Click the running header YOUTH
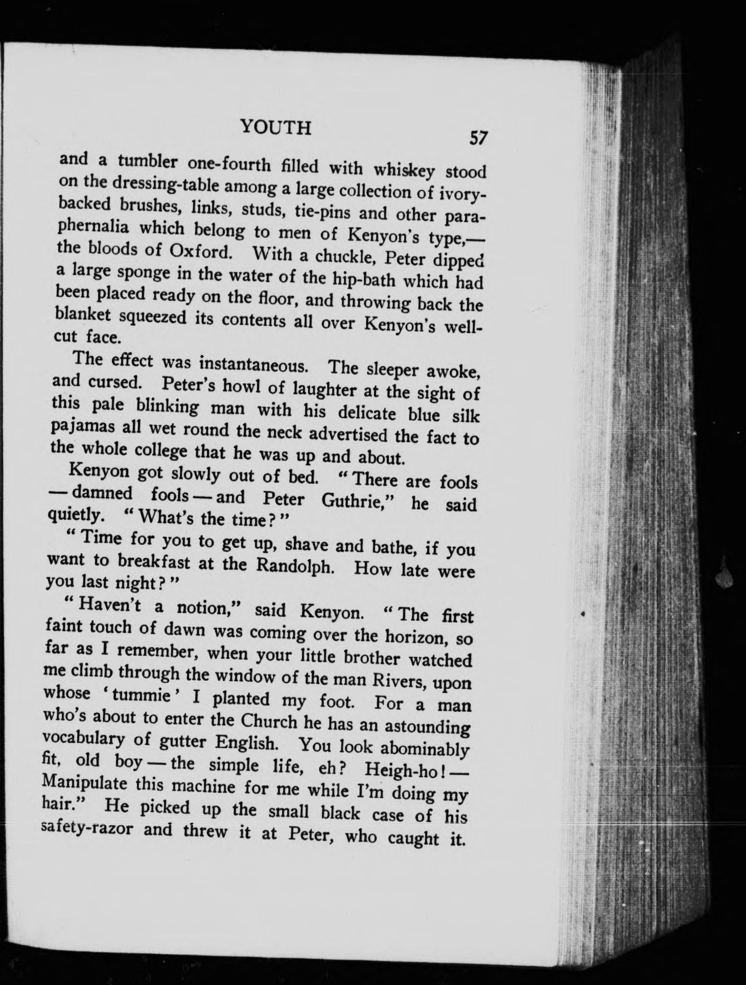(275, 127)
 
